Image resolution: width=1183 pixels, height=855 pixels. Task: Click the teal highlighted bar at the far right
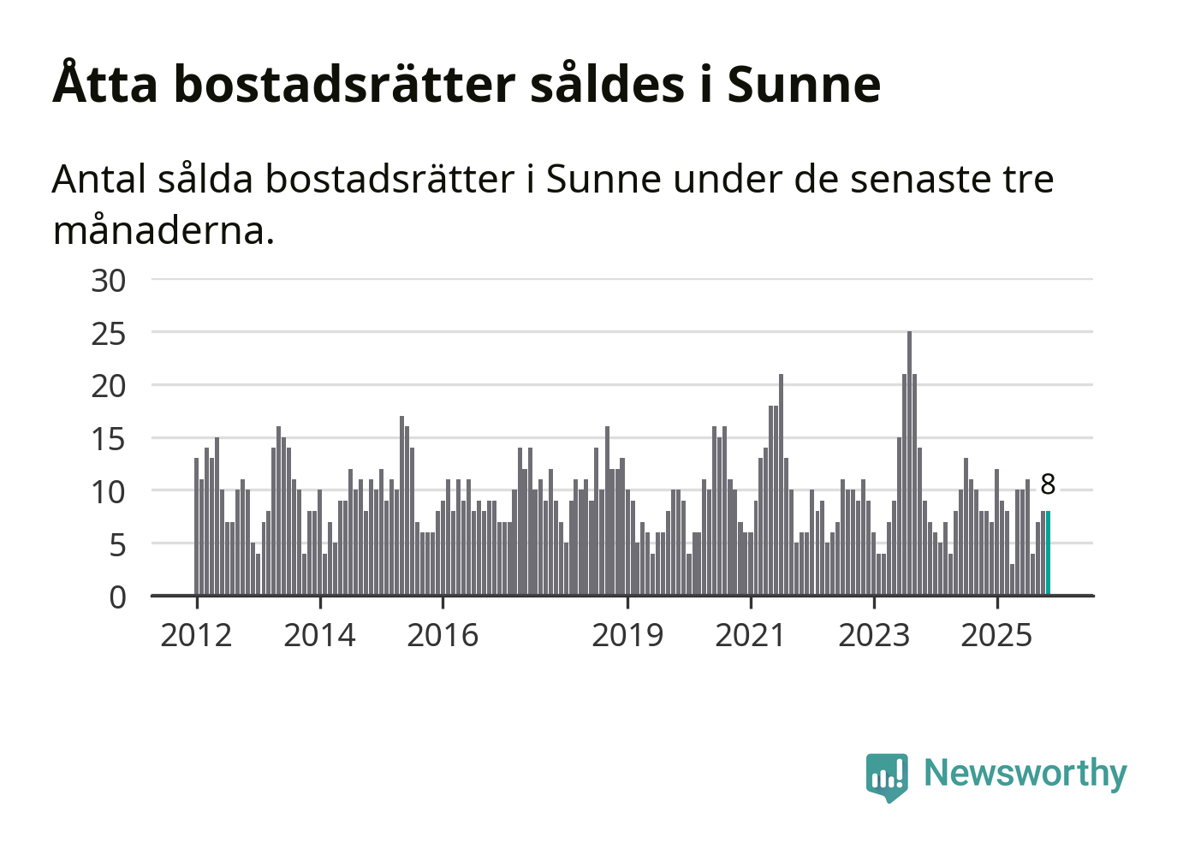tap(1048, 553)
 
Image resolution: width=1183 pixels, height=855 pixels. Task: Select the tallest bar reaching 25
tap(909, 462)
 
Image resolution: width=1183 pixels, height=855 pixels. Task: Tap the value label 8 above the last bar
tap(1048, 484)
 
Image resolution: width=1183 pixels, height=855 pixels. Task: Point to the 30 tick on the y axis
tap(109, 281)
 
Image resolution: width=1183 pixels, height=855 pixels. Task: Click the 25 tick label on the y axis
tap(109, 334)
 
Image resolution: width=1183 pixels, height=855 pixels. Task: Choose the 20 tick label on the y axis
tap(109, 387)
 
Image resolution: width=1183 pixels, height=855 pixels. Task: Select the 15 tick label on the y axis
tap(109, 440)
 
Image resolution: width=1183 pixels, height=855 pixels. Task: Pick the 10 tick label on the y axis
tap(109, 492)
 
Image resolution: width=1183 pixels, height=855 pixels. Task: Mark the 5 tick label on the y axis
tap(117, 545)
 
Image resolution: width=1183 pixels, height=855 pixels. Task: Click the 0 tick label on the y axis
tap(117, 597)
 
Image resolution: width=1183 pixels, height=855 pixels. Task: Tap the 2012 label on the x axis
tap(196, 636)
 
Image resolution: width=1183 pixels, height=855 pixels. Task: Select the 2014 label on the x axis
tap(319, 636)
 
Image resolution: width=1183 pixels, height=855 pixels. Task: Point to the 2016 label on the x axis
tap(443, 636)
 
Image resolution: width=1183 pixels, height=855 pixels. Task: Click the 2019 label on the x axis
tap(627, 636)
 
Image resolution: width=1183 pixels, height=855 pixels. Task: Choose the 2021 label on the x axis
tap(751, 636)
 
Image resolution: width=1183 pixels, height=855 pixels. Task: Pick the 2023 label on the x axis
tap(874, 636)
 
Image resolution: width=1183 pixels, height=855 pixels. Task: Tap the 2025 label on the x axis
tap(997, 636)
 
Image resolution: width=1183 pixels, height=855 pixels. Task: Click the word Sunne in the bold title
tap(804, 85)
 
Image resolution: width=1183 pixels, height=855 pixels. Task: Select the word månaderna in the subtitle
tap(163, 230)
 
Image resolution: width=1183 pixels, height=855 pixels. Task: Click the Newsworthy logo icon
tap(887, 776)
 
